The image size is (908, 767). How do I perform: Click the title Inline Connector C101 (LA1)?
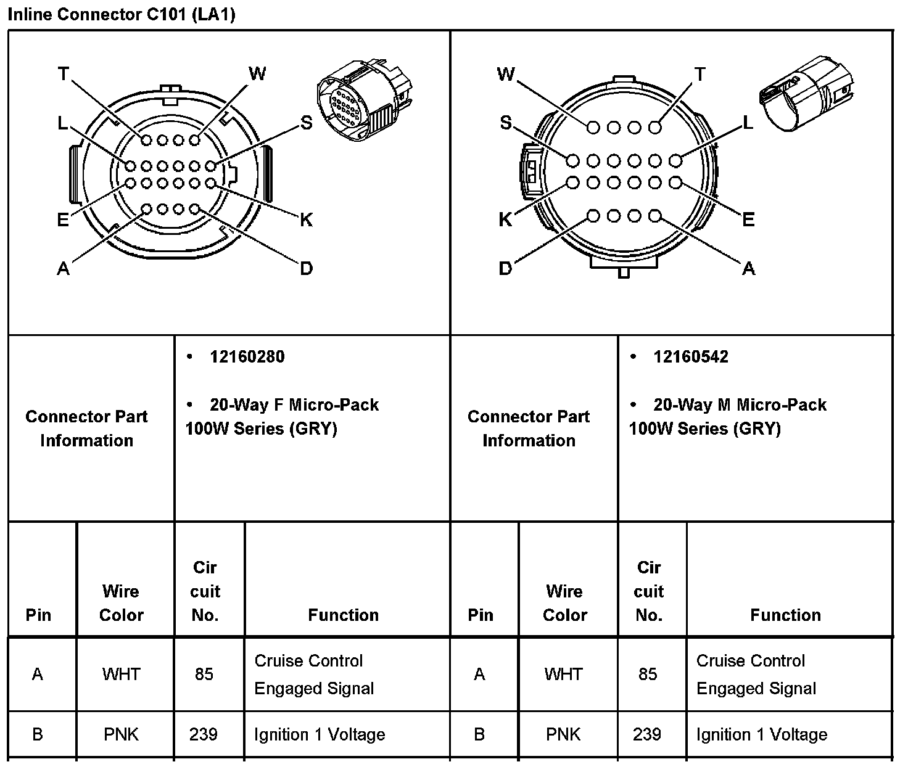(122, 14)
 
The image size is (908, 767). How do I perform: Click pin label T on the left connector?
(63, 74)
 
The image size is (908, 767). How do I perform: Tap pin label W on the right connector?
(505, 75)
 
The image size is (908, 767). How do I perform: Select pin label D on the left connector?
(306, 268)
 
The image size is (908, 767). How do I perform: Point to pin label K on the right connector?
(505, 219)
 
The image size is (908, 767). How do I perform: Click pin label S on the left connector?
(306, 123)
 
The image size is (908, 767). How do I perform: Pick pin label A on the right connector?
(748, 268)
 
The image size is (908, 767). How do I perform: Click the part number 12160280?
(247, 357)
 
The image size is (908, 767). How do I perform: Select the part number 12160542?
(690, 357)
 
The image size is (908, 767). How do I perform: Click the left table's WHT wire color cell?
(122, 674)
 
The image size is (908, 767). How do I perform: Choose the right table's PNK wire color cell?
(563, 734)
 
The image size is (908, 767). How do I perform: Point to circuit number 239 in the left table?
(204, 734)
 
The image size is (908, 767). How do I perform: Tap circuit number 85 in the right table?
(648, 674)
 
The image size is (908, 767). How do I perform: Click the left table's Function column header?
(343, 615)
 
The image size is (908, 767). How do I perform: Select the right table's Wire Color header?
(564, 603)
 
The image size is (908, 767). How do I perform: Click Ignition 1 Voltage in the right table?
(761, 734)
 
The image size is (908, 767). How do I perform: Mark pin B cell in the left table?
(38, 734)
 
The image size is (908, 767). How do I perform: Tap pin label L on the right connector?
(748, 123)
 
